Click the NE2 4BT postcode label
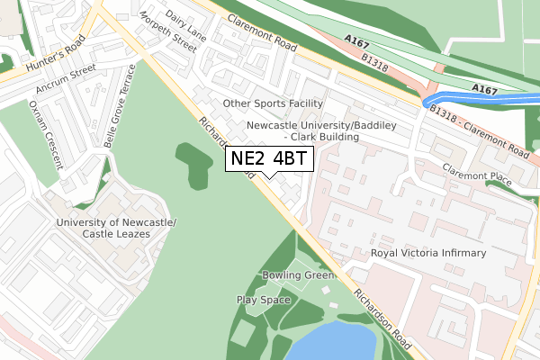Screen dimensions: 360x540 269,159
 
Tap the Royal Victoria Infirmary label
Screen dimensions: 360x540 428,254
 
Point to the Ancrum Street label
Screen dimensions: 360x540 66,78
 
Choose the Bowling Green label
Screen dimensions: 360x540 298,274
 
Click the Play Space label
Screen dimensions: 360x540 263,300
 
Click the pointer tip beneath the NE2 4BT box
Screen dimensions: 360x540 269,177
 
